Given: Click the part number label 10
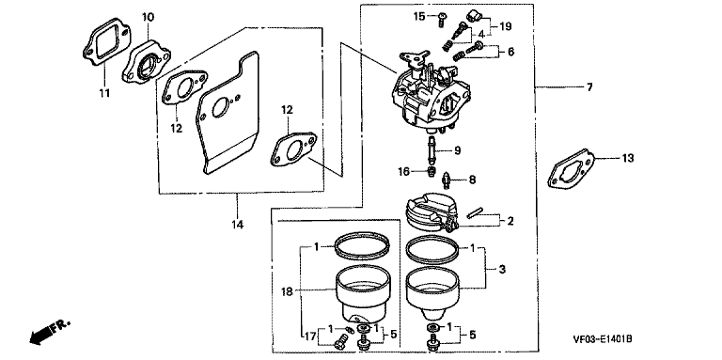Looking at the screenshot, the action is click(148, 18).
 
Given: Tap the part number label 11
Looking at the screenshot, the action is click(104, 93).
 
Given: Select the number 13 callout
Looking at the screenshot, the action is click(628, 158).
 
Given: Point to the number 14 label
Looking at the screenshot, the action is click(238, 225).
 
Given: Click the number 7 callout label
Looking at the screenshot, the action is click(589, 87).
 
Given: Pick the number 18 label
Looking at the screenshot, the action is click(289, 291).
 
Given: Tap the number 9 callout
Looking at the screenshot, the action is click(457, 150).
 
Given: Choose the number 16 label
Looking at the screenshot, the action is click(404, 172).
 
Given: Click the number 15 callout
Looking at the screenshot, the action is click(419, 17).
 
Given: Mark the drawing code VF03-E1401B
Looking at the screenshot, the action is click(603, 339).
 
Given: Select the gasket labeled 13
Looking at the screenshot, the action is click(572, 169).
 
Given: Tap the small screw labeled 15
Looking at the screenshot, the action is click(442, 18).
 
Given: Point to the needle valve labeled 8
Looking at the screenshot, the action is click(447, 180).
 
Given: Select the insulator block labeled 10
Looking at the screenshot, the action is click(146, 61).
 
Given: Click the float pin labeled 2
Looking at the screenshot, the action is click(474, 214).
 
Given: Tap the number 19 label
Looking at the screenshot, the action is click(505, 26).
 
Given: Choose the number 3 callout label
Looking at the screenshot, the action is click(501, 270).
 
